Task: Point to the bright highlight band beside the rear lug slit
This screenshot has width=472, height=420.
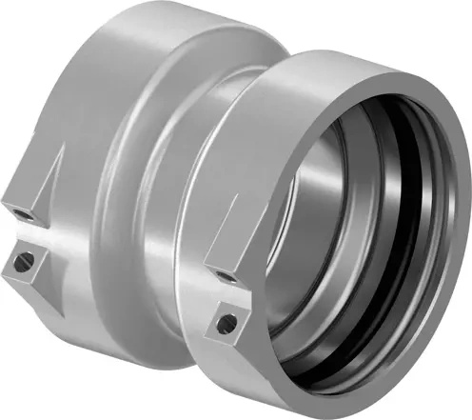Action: coord(57,229)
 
